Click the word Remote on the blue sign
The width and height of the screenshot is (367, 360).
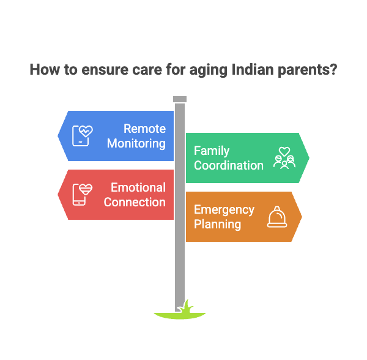pos(144,129)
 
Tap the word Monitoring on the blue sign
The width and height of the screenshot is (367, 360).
pos(136,143)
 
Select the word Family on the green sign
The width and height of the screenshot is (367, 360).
pos(212,151)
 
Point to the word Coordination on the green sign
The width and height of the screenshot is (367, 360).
pos(229,165)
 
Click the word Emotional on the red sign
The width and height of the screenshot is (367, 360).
pos(138,187)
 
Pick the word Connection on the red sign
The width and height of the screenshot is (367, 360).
pos(135,202)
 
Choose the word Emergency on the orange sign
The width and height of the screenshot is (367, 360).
pos(224,209)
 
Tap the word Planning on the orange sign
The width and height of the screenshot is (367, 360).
pos(217,224)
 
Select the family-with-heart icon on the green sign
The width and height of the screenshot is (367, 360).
pos(284,158)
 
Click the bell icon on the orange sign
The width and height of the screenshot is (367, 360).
pos(277,217)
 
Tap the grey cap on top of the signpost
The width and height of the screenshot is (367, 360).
pos(180,99)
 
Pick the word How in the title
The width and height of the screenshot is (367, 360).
pos(42,69)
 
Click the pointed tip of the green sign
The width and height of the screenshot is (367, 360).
pos(310,158)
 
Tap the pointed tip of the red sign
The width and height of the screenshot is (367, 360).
pos(58,195)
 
